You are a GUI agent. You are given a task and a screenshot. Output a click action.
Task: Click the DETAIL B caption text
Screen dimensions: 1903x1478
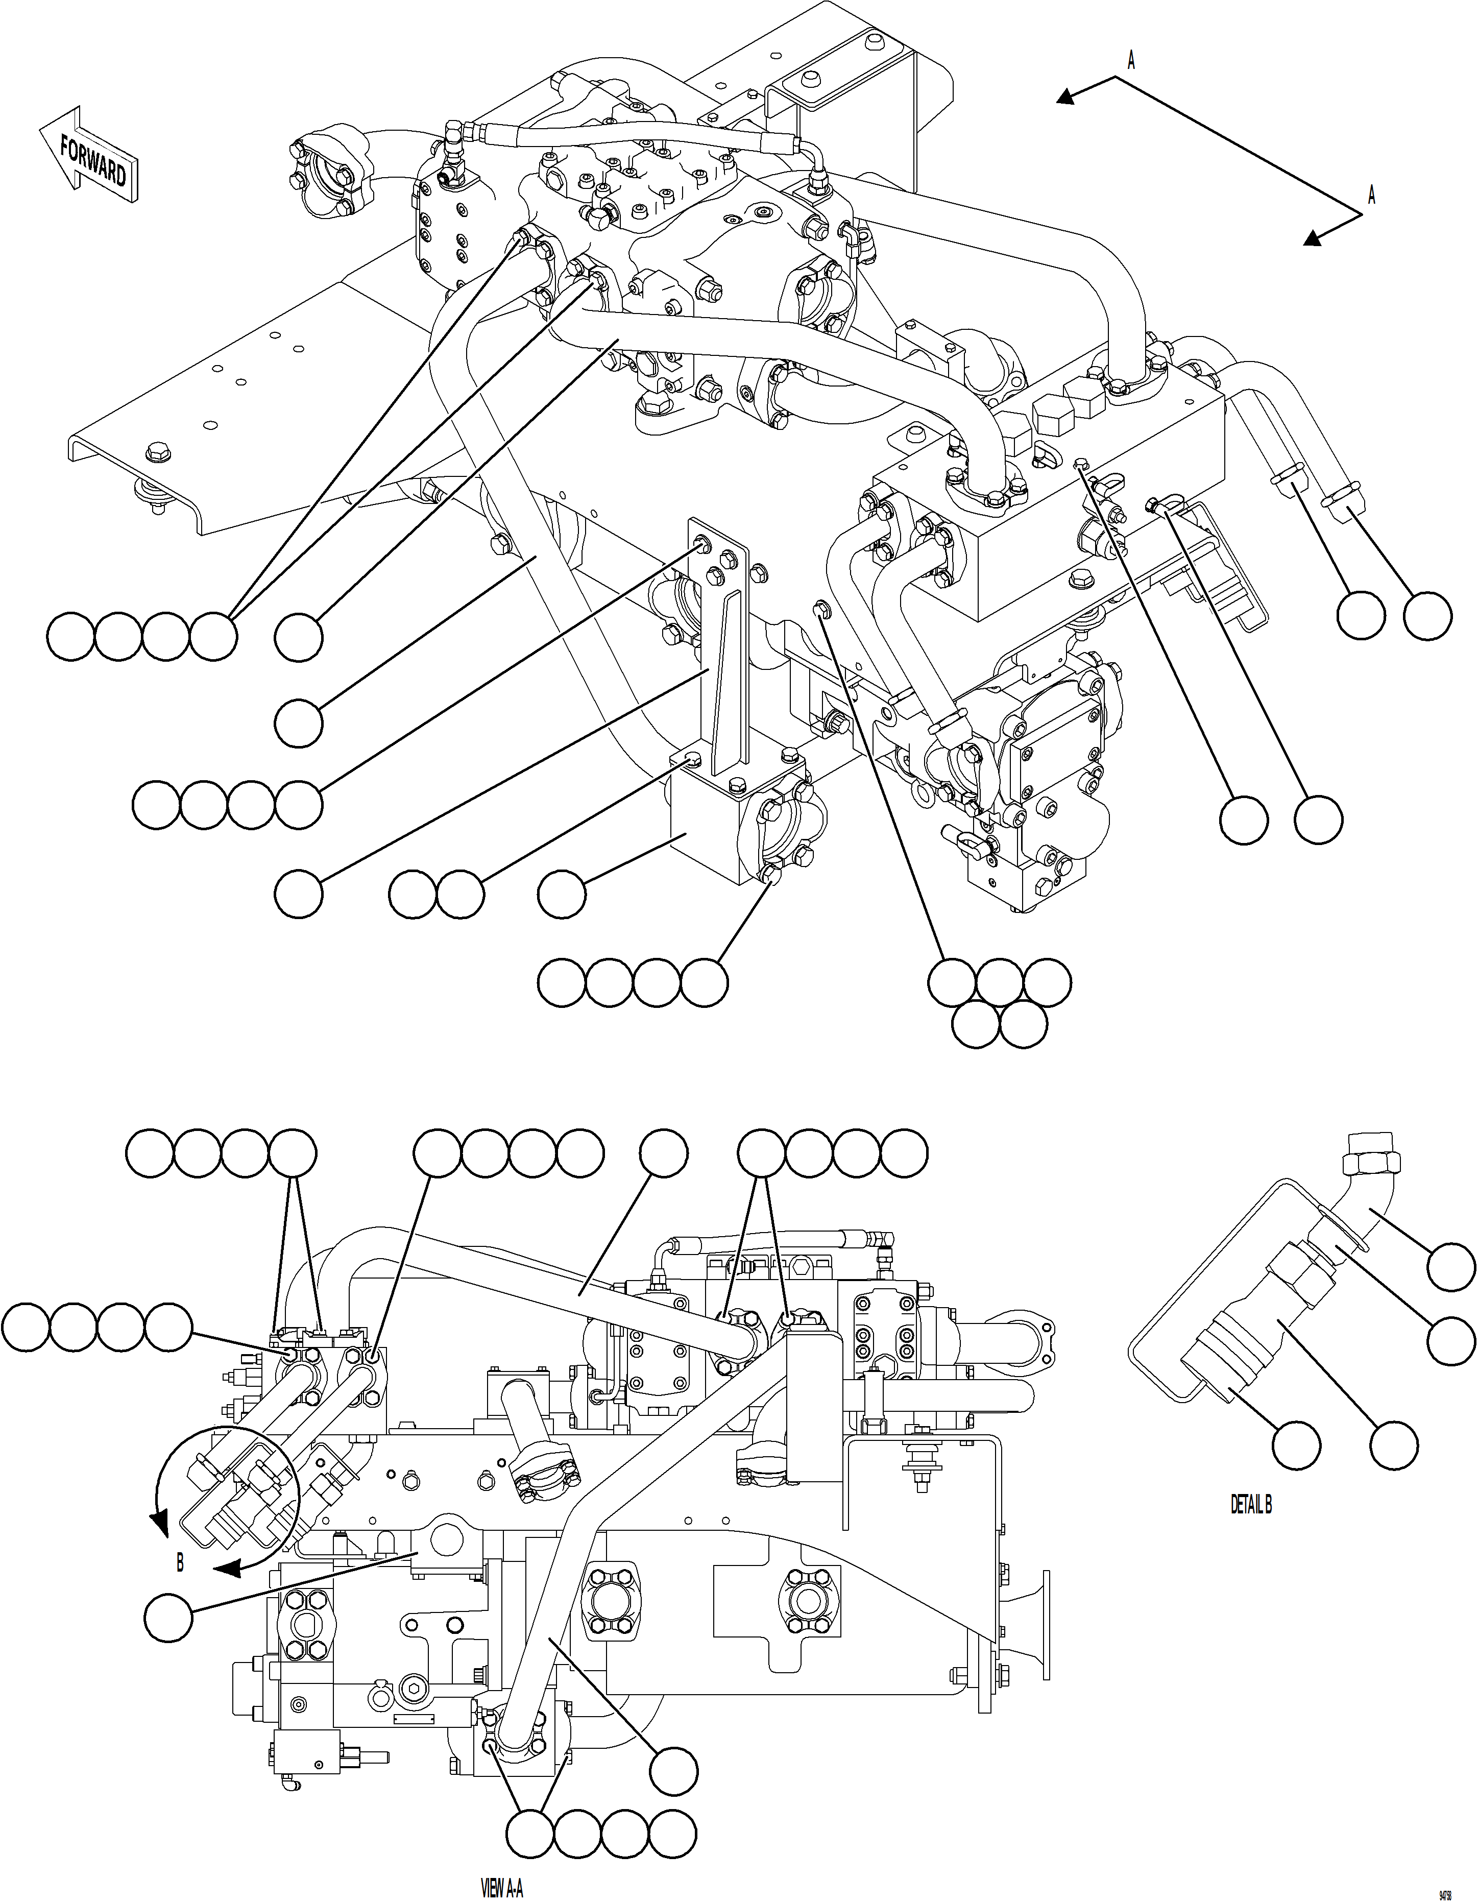tap(1250, 1504)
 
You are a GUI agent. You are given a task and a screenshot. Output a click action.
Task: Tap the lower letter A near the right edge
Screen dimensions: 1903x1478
tap(1371, 195)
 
